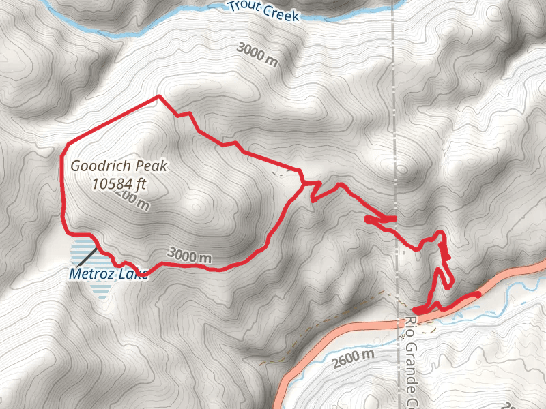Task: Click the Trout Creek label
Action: pyautogui.click(x=263, y=10)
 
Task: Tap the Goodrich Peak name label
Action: pyautogui.click(x=119, y=165)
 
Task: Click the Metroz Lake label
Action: pyautogui.click(x=108, y=275)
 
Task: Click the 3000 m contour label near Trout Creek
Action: pyautogui.click(x=259, y=55)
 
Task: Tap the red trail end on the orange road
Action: pyautogui.click(x=477, y=294)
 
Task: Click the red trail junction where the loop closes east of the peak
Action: pyautogui.click(x=302, y=183)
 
